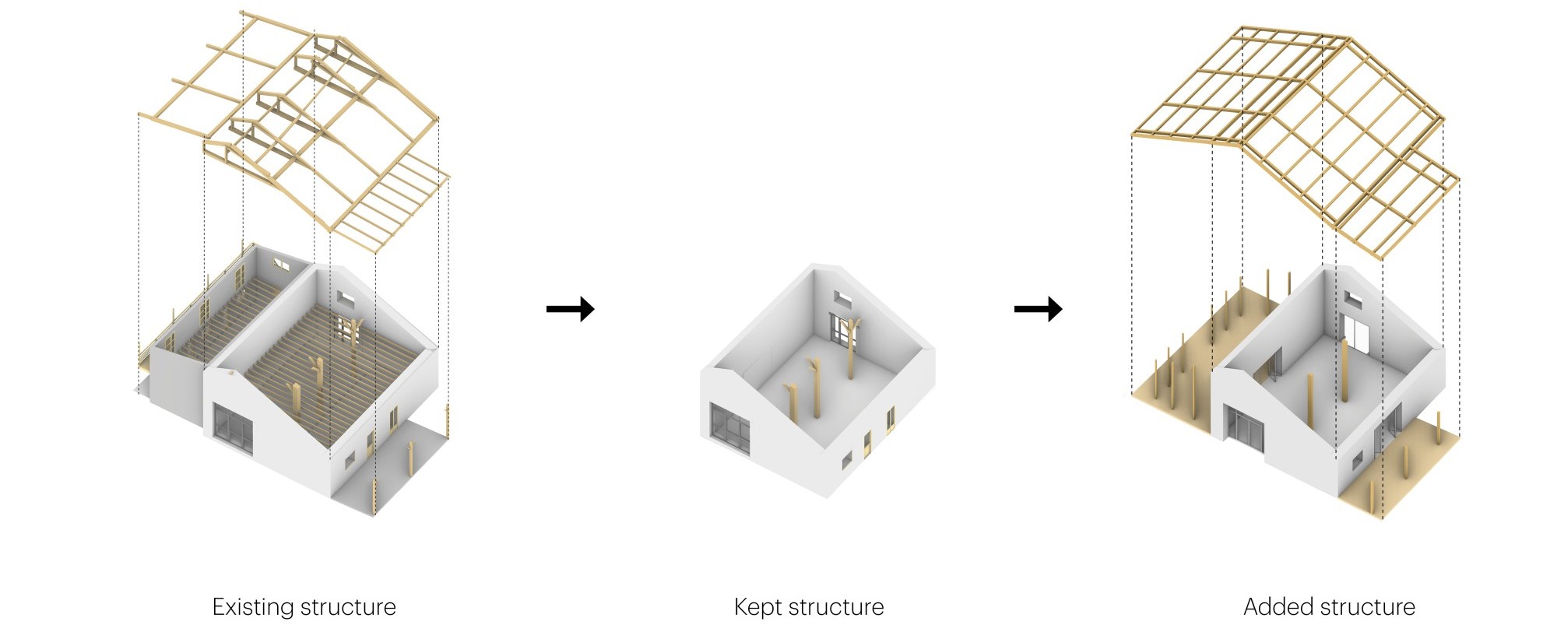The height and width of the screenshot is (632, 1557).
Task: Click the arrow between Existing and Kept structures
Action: click(571, 309)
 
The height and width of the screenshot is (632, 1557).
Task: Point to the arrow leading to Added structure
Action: click(1038, 309)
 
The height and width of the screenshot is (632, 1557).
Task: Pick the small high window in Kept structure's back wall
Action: click(842, 298)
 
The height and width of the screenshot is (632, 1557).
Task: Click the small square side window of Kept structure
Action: click(847, 460)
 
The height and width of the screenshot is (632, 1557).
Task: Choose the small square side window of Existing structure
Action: click(350, 459)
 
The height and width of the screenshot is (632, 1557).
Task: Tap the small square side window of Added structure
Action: click(1358, 460)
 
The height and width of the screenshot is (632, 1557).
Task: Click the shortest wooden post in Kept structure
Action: click(792, 403)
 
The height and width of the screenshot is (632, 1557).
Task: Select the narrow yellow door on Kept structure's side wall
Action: click(867, 443)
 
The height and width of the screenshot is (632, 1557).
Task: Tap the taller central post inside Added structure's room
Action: click(1344, 370)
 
